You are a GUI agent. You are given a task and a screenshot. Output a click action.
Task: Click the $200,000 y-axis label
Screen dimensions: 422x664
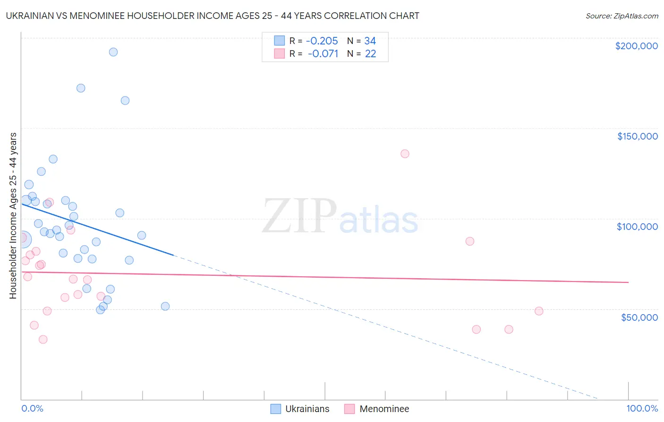pos(636,46)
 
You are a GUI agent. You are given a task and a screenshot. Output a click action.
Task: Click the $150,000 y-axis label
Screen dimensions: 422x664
pos(637,136)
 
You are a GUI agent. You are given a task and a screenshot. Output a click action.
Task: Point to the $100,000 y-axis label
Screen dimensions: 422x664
pos(637,227)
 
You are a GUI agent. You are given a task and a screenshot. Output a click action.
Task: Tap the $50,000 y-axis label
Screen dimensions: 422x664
pos(639,317)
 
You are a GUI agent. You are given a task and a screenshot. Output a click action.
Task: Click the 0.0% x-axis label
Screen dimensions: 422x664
pos(32,408)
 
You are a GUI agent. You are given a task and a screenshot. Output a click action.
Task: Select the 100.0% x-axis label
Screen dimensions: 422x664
pos(642,408)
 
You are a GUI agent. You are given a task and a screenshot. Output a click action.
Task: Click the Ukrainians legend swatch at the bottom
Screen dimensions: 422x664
pos(276,409)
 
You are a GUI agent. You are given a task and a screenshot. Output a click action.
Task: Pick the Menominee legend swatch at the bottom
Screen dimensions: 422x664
pos(349,409)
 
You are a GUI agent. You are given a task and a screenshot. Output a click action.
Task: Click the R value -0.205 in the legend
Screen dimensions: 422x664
pos(322,41)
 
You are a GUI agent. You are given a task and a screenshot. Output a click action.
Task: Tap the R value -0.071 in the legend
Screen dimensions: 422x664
pos(323,54)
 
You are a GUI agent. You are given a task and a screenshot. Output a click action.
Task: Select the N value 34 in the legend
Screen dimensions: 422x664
pos(370,41)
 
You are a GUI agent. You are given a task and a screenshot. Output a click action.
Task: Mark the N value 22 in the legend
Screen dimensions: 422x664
pos(370,54)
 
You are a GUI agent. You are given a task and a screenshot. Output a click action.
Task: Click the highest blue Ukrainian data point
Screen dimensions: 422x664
pos(113,52)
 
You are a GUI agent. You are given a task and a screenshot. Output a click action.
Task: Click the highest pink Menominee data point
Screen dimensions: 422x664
pos(405,154)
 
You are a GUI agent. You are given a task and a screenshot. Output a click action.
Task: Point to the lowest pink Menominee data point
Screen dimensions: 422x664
pos(43,339)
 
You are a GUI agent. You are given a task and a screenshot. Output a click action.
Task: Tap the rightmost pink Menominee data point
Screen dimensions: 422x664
pos(539,311)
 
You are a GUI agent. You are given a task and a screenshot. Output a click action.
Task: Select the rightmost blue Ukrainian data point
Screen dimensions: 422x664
pos(165,306)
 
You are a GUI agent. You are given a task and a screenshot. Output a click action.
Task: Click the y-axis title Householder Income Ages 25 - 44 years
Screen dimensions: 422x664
pos(13,216)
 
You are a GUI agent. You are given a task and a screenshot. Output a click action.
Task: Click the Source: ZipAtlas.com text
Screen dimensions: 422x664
pos(621,16)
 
